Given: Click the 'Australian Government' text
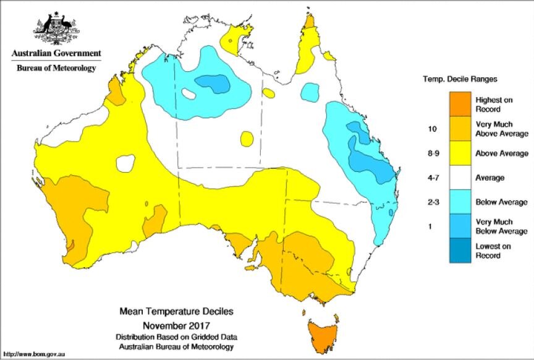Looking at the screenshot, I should click(56, 54).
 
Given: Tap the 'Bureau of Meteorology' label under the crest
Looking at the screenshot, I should click(56, 68).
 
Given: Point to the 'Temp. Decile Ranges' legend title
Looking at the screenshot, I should click(460, 79).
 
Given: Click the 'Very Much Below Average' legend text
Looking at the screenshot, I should click(501, 226).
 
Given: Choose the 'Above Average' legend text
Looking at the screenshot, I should click(501, 153).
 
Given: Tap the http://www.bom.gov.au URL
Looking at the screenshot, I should click(35, 354).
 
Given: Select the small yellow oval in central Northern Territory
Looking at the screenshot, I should click(247, 138).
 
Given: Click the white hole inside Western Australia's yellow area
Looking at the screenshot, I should click(125, 163).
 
